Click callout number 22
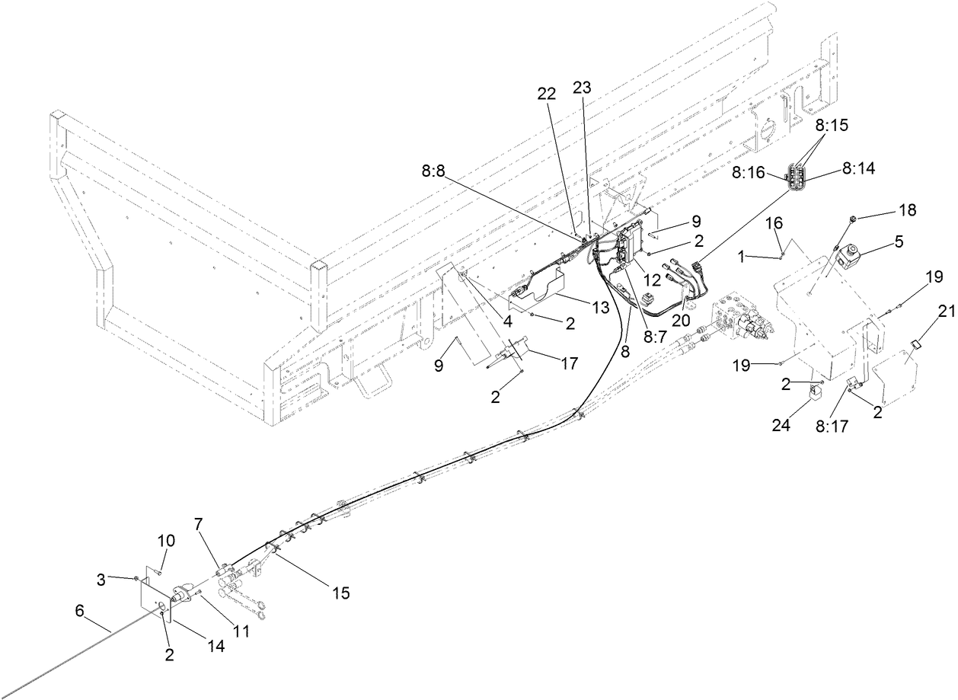tap(547, 93)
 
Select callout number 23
tap(582, 88)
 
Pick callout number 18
tap(887, 209)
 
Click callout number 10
tap(166, 541)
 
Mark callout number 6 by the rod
tap(80, 610)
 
